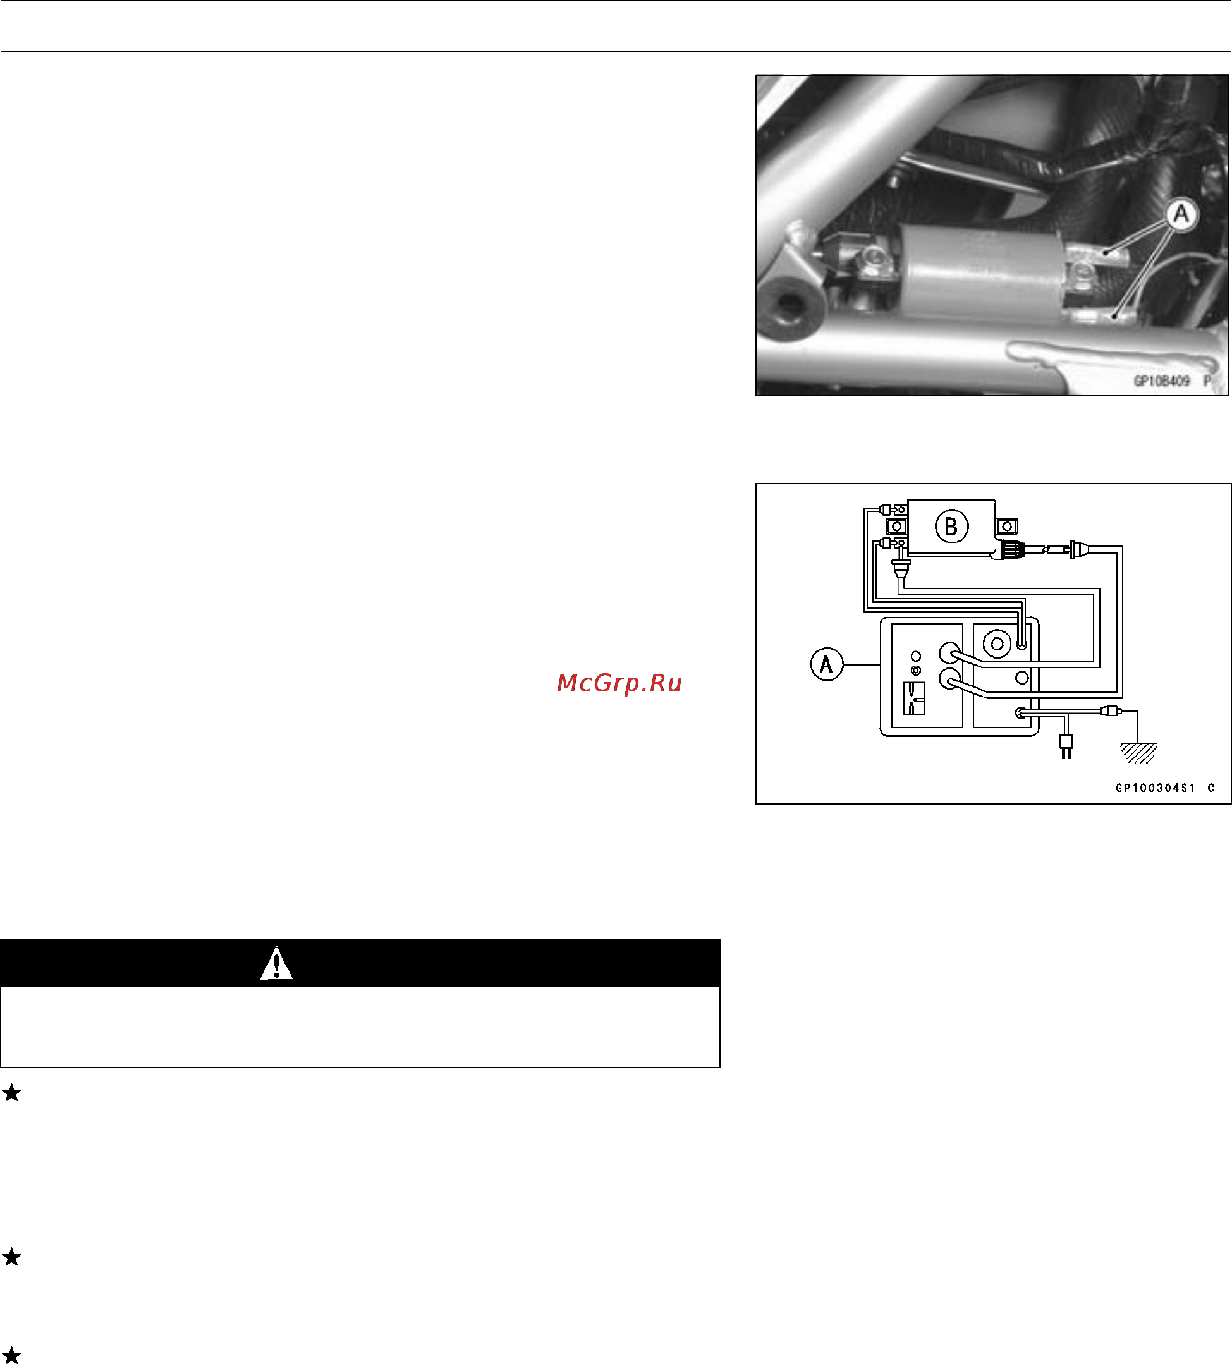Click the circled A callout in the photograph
(1181, 214)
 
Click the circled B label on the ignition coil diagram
(951, 527)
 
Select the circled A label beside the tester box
(826, 664)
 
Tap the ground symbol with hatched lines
(1138, 752)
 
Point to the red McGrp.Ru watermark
(619, 683)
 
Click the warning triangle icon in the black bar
(276, 963)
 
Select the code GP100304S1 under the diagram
(1156, 788)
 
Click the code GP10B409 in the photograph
(1161, 381)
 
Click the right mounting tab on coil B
(1007, 526)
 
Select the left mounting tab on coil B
(897, 526)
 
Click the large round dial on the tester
(997, 643)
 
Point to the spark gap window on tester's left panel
(914, 698)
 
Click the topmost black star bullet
(11, 1092)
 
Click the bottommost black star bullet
(11, 1355)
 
